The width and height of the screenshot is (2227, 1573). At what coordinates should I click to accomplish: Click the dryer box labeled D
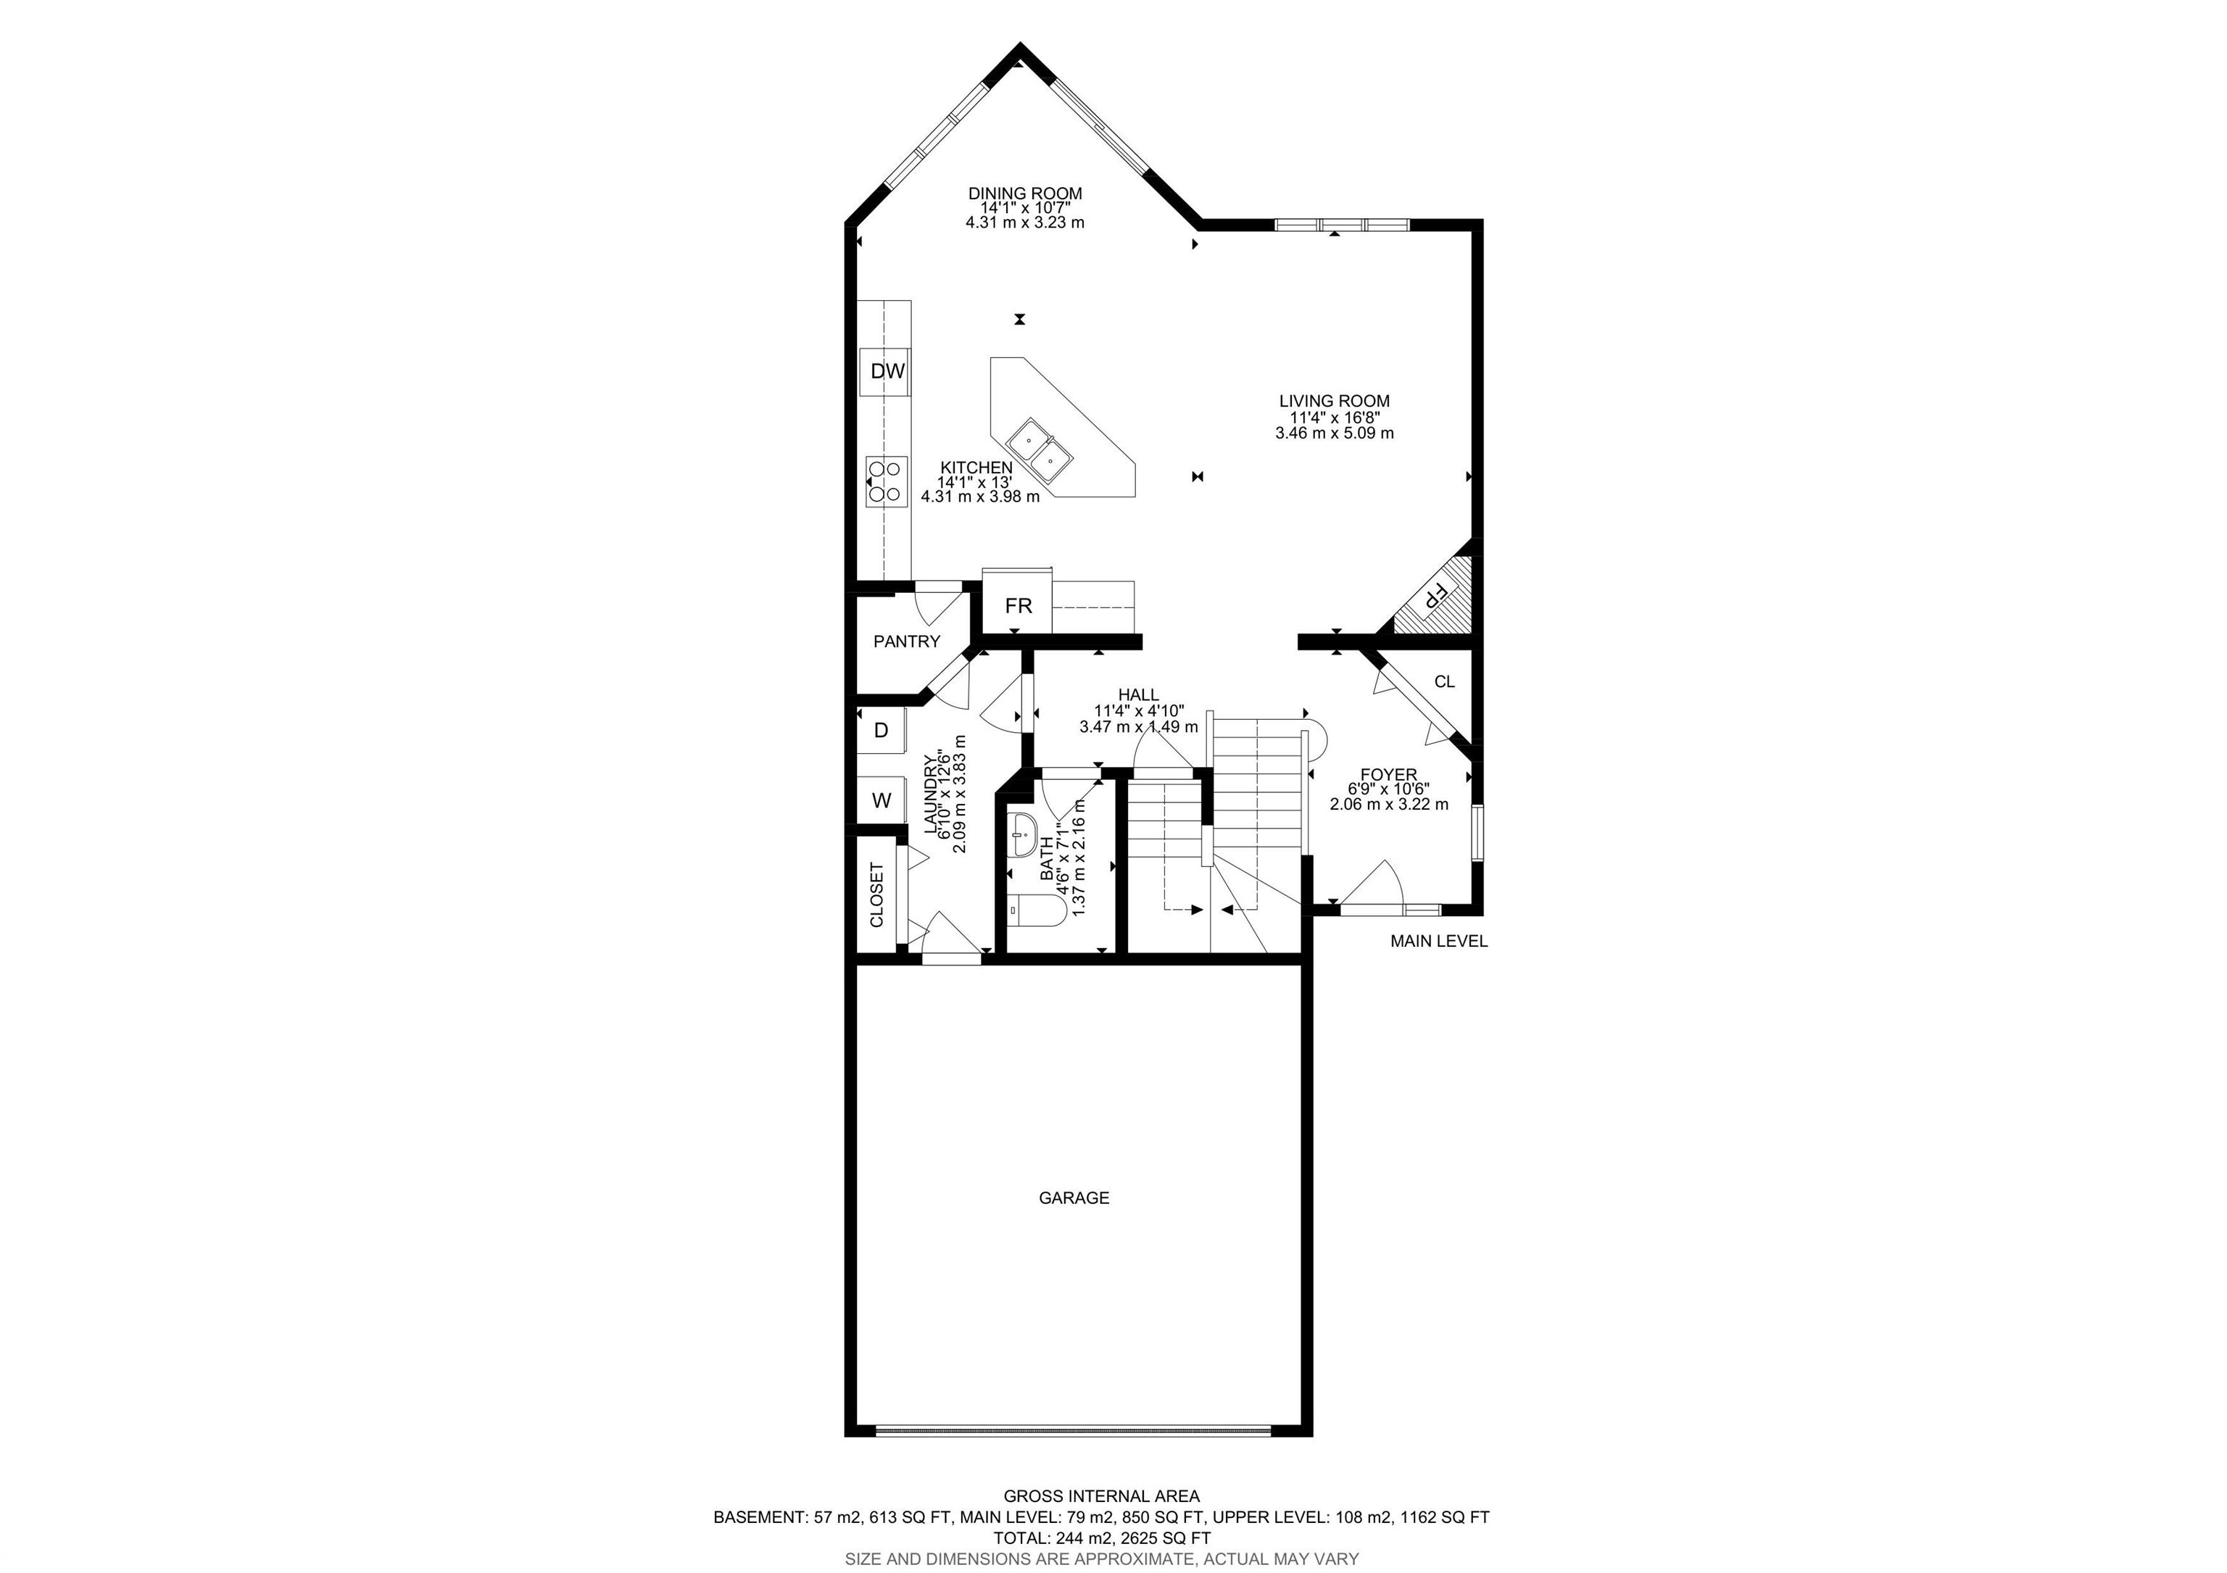point(882,730)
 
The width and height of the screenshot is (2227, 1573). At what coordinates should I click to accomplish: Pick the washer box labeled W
point(882,800)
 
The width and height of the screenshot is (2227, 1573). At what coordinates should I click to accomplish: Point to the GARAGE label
point(1074,1198)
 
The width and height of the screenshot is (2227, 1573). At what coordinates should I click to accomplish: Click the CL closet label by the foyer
point(1444,682)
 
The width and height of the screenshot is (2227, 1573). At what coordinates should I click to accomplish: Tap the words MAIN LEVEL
point(1438,941)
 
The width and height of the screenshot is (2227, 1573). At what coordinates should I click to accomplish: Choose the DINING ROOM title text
point(1024,194)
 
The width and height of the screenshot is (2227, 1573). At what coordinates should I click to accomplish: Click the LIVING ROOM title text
point(1334,401)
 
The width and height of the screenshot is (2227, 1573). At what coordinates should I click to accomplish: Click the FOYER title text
point(1388,774)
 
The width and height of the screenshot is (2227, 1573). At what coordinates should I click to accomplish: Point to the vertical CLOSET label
point(877,895)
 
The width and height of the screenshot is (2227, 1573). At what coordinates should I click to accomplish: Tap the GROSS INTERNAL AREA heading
point(1101,1496)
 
